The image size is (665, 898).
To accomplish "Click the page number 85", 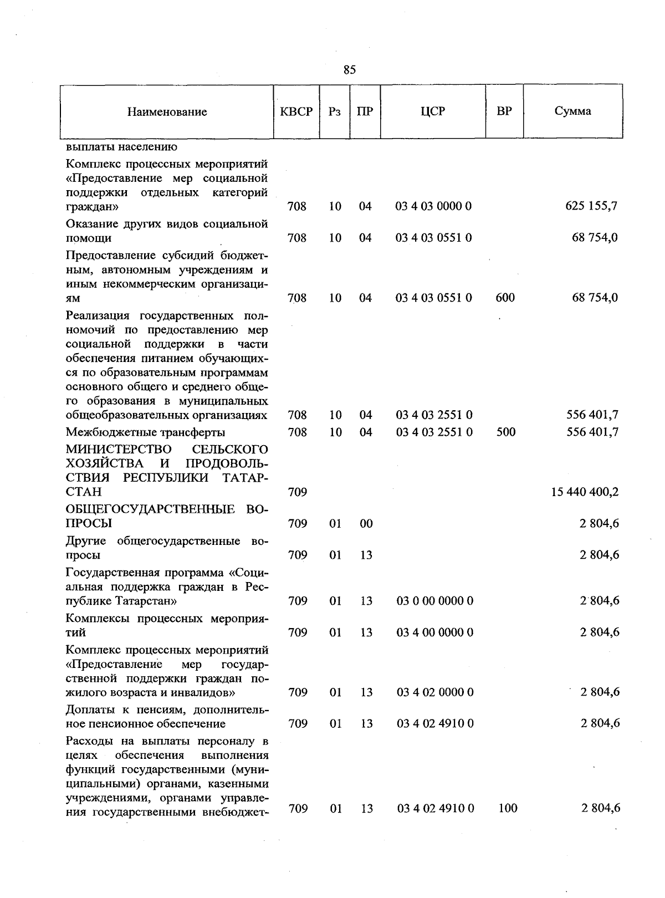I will tap(349, 70).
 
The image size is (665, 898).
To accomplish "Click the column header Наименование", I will tap(167, 112).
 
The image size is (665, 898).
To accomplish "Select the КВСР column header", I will tap(296, 111).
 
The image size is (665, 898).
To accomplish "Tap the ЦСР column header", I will tap(433, 111).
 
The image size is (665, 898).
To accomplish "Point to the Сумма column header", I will tap(572, 111).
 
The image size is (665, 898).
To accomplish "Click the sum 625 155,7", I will tap(591, 206).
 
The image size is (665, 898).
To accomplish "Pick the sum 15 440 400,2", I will tap(585, 492).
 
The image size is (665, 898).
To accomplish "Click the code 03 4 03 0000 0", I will tap(433, 206).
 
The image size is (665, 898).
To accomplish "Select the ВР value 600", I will tap(505, 298).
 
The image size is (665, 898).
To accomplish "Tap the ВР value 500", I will tap(505, 432).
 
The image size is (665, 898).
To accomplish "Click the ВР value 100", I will tap(508, 808).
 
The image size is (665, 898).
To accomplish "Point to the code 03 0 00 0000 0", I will tap(434, 601).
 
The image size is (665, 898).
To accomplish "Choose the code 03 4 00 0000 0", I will tap(434, 632).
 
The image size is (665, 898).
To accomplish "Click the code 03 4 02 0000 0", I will tap(434, 692).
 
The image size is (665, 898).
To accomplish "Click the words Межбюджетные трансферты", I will tap(145, 432).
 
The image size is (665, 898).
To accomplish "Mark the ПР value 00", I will tap(366, 523).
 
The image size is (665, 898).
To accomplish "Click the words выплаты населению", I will tap(121, 147).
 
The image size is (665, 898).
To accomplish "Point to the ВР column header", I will tap(504, 111).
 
